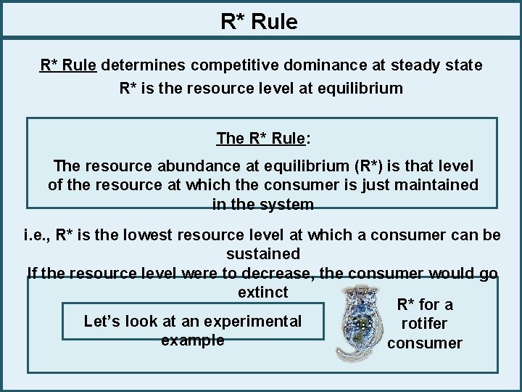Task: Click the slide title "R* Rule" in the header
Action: (x=259, y=22)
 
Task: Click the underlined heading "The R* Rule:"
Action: (x=262, y=138)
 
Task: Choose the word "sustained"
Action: (x=262, y=254)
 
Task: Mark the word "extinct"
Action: (x=262, y=293)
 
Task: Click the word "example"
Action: (x=192, y=340)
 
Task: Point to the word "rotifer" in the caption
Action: (x=424, y=324)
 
